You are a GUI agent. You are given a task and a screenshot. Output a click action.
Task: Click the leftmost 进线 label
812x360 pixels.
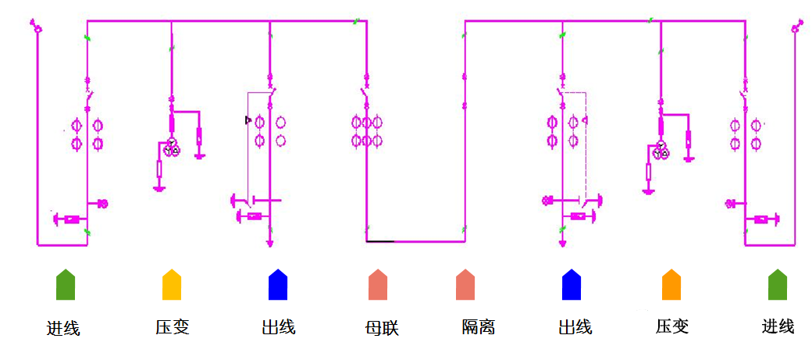pyautogui.click(x=64, y=328)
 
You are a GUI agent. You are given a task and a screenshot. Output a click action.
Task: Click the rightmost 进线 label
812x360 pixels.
pyautogui.click(x=778, y=327)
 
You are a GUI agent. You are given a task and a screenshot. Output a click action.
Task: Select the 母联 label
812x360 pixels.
pyautogui.click(x=382, y=328)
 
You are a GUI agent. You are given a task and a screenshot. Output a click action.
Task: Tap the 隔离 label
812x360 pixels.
pyautogui.click(x=479, y=327)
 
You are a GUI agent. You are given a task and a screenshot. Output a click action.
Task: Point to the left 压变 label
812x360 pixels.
pyautogui.click(x=173, y=327)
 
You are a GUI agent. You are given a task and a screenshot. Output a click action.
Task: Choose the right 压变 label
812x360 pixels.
pyautogui.click(x=672, y=327)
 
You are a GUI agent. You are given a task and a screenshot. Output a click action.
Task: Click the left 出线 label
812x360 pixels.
pyautogui.click(x=279, y=327)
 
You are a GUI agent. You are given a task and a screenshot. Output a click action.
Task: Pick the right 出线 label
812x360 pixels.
pyautogui.click(x=575, y=327)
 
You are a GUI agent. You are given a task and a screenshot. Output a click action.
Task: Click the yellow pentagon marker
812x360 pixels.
pyautogui.click(x=172, y=284)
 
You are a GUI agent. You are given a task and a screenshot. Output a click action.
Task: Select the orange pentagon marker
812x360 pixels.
pyautogui.click(x=671, y=284)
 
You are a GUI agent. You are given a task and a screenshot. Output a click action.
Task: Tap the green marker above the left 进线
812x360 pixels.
pyautogui.click(x=66, y=284)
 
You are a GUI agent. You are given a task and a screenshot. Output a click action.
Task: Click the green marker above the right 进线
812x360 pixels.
pyautogui.click(x=778, y=284)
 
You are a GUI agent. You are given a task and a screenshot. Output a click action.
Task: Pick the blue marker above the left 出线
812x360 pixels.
pyautogui.click(x=278, y=284)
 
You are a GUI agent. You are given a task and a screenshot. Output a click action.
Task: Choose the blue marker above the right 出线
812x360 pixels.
pyautogui.click(x=572, y=284)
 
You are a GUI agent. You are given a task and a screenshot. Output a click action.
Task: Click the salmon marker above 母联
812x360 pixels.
pyautogui.click(x=378, y=284)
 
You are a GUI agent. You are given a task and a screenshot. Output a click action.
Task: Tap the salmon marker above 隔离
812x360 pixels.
pyautogui.click(x=465, y=284)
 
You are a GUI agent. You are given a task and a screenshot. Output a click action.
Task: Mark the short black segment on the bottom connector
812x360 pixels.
pyautogui.click(x=380, y=241)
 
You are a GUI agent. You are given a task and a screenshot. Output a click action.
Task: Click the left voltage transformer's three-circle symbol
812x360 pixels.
pyautogui.click(x=172, y=148)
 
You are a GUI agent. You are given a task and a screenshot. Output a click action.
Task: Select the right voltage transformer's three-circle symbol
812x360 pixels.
pyautogui.click(x=661, y=149)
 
